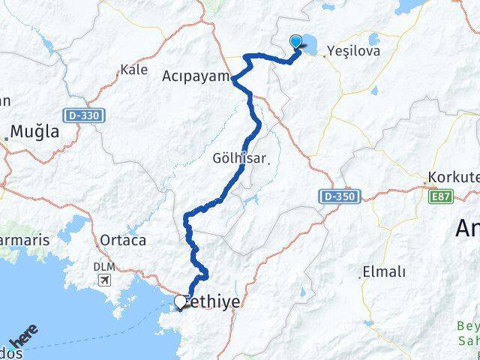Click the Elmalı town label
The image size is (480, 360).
(383, 271)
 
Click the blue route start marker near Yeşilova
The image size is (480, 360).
(296, 43)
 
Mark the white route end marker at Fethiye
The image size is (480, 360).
(180, 301)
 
